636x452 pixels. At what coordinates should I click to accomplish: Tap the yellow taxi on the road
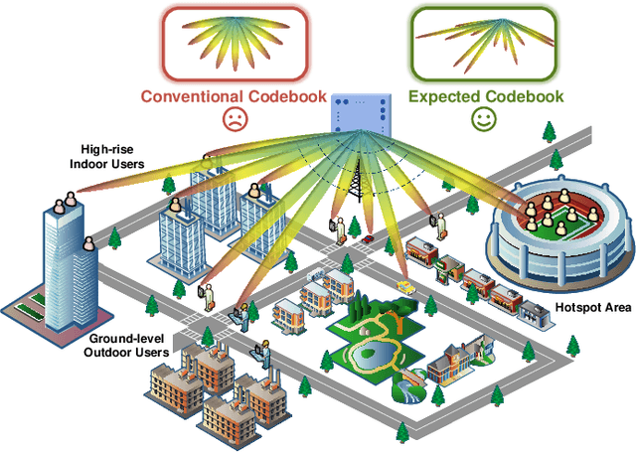tap(404, 286)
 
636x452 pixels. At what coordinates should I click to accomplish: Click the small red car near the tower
tap(369, 239)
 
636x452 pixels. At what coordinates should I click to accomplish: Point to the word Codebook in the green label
tap(529, 96)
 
